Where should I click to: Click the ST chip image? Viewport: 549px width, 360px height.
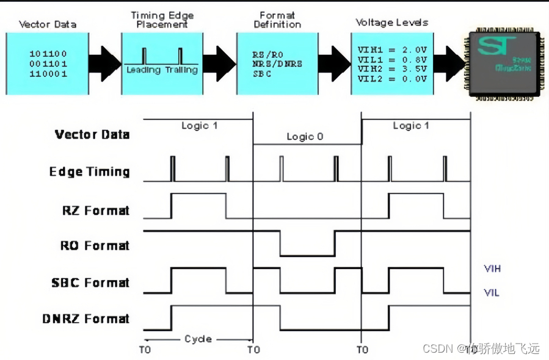(x=504, y=63)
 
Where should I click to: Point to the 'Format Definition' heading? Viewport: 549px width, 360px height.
(x=277, y=20)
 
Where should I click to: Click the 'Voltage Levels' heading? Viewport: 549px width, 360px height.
(x=392, y=23)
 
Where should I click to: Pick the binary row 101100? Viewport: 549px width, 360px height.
(x=48, y=54)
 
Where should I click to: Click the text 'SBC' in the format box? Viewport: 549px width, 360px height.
(x=262, y=74)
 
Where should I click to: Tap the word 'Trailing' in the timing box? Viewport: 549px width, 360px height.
(x=181, y=70)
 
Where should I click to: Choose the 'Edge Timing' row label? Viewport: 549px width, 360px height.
(x=89, y=171)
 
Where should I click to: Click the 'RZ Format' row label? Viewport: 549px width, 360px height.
(x=96, y=211)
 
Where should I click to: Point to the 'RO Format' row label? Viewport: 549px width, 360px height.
(x=95, y=246)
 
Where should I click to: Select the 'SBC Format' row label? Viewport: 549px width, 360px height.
(x=90, y=283)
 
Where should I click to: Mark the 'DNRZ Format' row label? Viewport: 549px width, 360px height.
(x=86, y=319)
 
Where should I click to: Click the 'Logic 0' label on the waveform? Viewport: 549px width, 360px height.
(x=305, y=137)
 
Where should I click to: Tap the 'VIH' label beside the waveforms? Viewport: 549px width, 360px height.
(x=492, y=268)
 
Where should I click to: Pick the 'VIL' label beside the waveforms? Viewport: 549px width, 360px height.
(x=491, y=293)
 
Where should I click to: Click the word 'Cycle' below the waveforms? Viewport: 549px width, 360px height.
(x=198, y=339)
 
